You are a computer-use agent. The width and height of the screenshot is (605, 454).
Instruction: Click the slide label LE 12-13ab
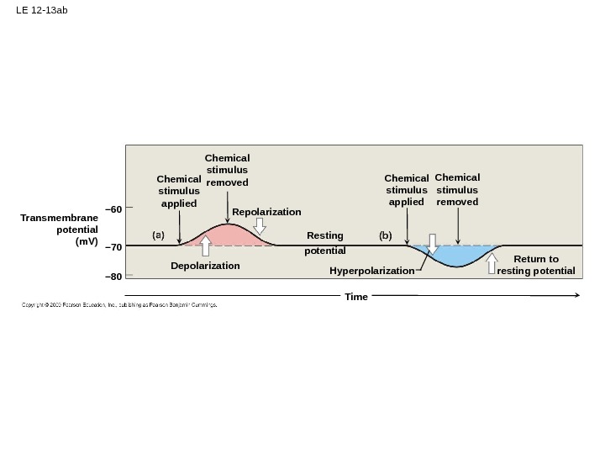click(x=41, y=11)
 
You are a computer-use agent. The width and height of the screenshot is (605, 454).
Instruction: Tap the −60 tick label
click(x=113, y=209)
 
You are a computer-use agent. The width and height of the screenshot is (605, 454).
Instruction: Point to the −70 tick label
click(x=113, y=246)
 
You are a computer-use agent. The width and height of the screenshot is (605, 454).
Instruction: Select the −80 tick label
click(x=113, y=276)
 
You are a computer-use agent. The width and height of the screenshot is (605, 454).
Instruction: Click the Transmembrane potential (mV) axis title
click(x=60, y=230)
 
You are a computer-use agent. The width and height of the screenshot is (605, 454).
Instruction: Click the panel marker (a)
click(x=158, y=236)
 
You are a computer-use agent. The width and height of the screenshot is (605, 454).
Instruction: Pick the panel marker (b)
click(x=385, y=236)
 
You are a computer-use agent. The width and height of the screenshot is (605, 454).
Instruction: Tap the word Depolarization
click(x=205, y=266)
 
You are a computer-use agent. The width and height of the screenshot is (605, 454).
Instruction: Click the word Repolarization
click(x=266, y=212)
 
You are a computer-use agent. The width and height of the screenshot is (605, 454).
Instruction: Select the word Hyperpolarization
click(x=371, y=271)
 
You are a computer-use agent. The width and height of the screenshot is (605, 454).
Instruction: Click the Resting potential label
click(x=325, y=243)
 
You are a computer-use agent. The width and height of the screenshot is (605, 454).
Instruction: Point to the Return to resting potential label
click(x=536, y=265)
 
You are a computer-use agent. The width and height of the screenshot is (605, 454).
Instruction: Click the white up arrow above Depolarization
click(x=206, y=245)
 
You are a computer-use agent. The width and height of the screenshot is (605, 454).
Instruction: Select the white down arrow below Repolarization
click(x=260, y=226)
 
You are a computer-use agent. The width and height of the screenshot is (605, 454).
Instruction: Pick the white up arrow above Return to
click(x=492, y=263)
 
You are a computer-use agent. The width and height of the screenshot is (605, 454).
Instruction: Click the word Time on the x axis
click(x=356, y=297)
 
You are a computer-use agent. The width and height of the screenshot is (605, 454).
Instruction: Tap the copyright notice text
click(x=119, y=305)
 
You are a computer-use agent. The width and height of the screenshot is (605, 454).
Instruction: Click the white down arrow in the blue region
click(x=433, y=243)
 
